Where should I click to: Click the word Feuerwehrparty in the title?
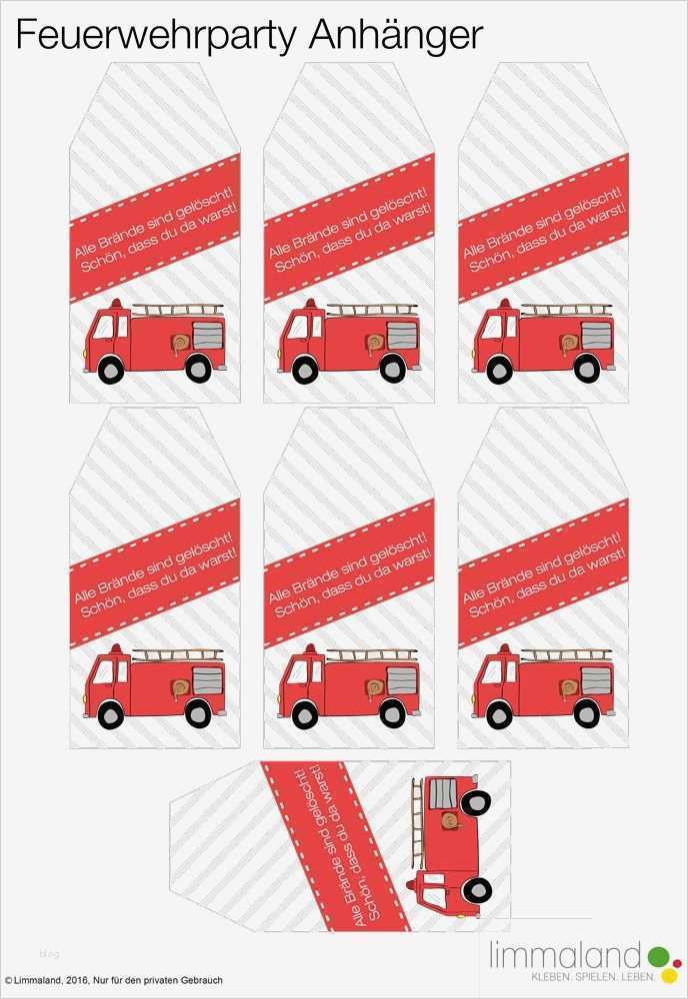click(156, 35)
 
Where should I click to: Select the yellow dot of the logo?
click(670, 975)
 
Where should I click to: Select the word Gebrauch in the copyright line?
click(202, 980)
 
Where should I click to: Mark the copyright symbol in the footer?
click(8, 980)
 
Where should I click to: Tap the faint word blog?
click(49, 954)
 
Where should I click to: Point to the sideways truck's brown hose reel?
click(450, 821)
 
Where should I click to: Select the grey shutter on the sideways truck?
click(443, 794)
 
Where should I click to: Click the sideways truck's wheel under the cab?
click(476, 889)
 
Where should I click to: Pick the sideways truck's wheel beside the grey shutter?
click(475, 803)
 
